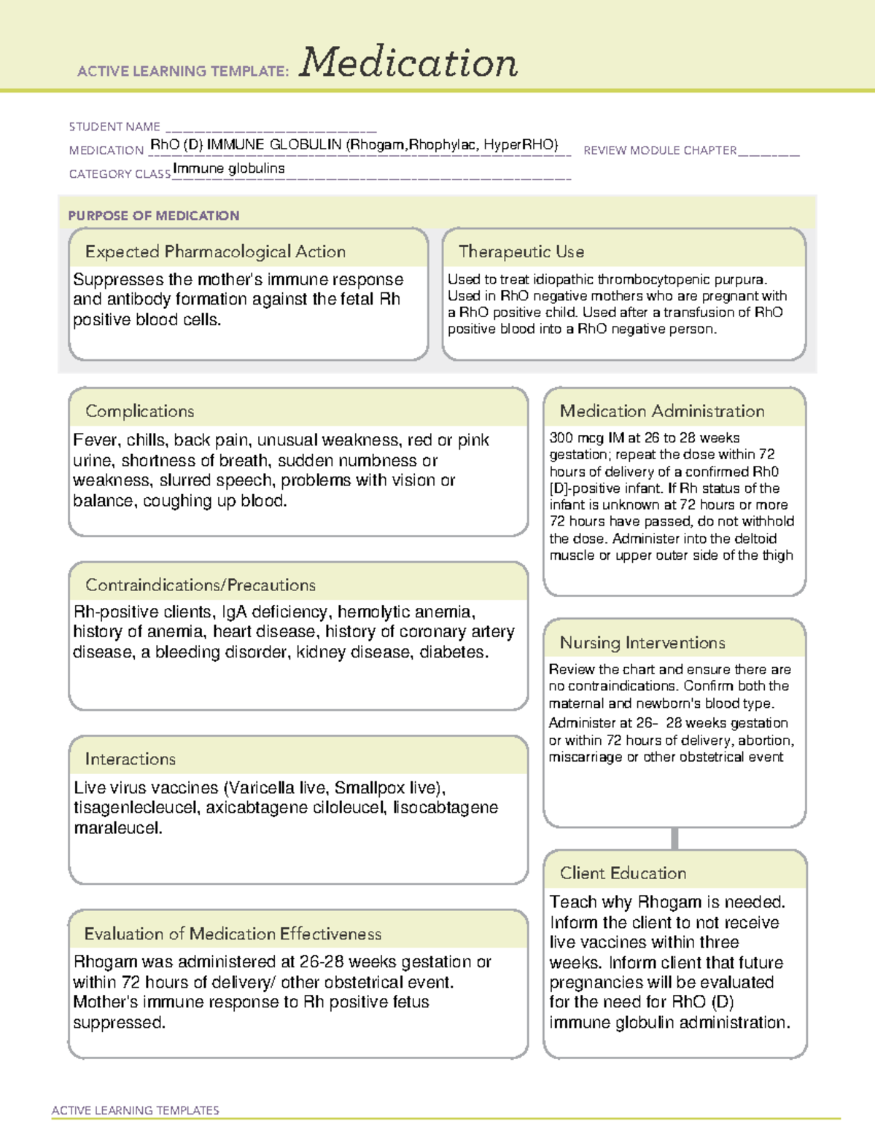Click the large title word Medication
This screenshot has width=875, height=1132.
pyautogui.click(x=408, y=63)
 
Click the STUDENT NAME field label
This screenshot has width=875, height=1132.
pyautogui.click(x=114, y=127)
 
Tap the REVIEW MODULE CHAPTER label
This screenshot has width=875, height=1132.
pyautogui.click(x=660, y=150)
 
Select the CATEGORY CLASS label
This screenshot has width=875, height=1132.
pyautogui.click(x=120, y=174)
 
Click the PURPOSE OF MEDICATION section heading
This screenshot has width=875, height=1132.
pyautogui.click(x=154, y=216)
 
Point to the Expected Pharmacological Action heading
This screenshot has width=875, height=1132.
pyautogui.click(x=215, y=252)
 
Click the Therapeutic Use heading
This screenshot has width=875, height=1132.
pyautogui.click(x=521, y=252)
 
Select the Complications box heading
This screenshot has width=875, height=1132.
pyautogui.click(x=140, y=411)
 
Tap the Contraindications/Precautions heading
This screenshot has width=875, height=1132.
pyautogui.click(x=201, y=585)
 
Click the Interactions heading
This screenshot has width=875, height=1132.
pyautogui.click(x=131, y=760)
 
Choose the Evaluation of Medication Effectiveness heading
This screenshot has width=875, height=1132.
pyautogui.click(x=233, y=934)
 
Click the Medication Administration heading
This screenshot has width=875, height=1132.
pyautogui.click(x=662, y=411)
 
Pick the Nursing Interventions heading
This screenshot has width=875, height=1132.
pyautogui.click(x=642, y=643)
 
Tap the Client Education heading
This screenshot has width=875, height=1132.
pyautogui.click(x=623, y=873)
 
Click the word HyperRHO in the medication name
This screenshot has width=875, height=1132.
pyautogui.click(x=521, y=144)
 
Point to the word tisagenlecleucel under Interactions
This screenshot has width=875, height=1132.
pyautogui.click(x=136, y=808)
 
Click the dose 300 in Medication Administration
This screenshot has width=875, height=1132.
pyautogui.click(x=561, y=438)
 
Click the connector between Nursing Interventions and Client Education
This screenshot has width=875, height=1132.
pyautogui.click(x=674, y=838)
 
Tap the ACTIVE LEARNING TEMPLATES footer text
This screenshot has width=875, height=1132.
pyautogui.click(x=136, y=1110)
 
